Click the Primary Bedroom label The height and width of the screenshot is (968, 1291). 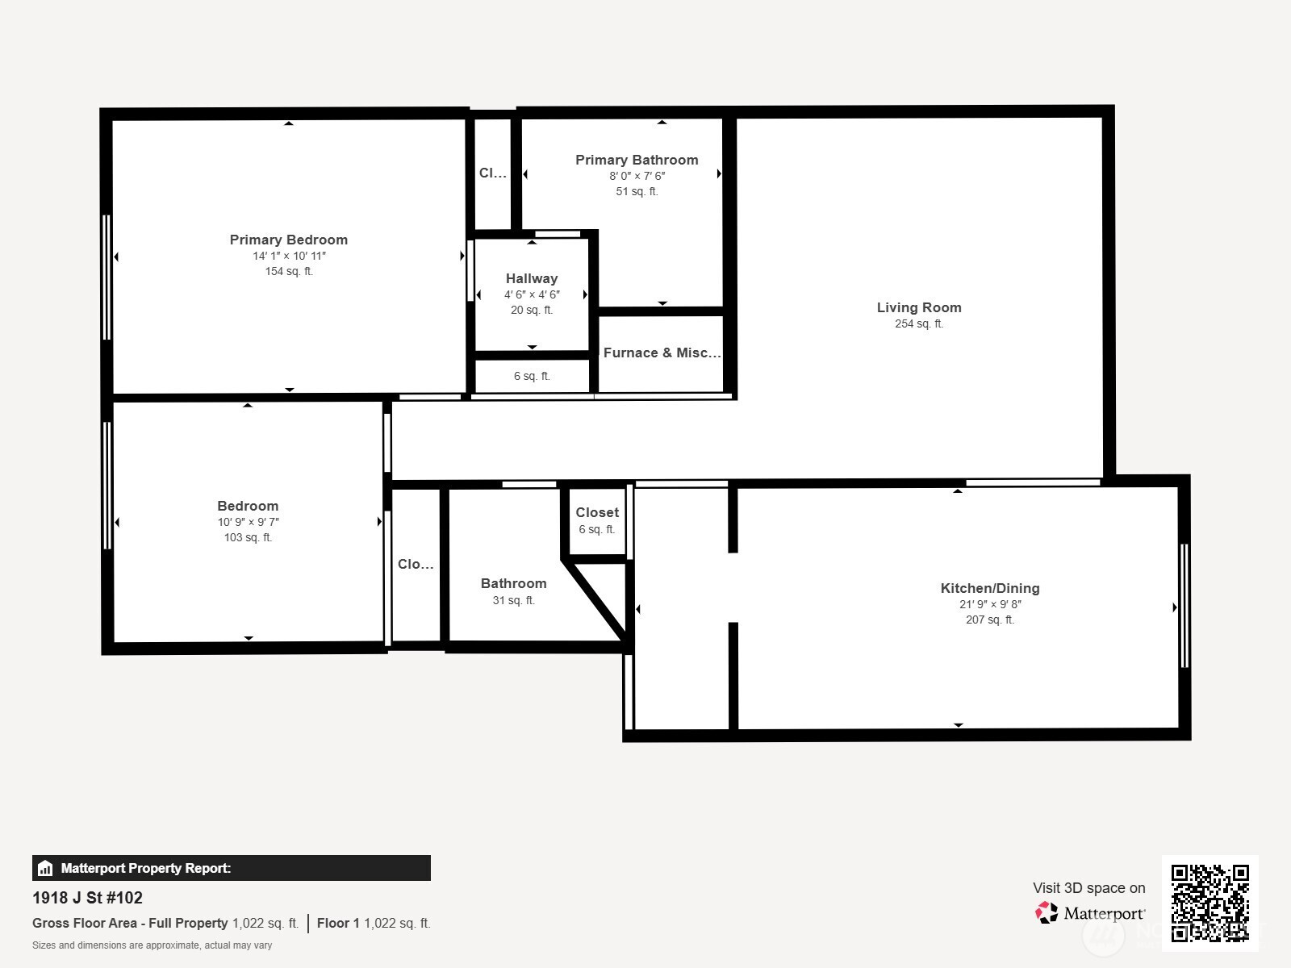288,240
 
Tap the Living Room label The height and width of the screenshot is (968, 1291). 919,307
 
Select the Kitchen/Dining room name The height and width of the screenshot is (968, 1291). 990,588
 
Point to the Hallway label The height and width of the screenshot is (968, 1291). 532,278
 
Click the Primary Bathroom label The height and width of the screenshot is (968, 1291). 637,160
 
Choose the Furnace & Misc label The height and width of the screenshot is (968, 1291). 662,353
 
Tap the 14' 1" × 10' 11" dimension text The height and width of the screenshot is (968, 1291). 289,256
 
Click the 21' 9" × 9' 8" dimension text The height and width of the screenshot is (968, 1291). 990,604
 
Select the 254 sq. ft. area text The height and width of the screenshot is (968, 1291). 919,323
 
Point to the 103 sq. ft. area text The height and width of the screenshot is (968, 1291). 248,537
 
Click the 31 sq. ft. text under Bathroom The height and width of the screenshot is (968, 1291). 513,600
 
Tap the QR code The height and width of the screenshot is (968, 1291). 1210,903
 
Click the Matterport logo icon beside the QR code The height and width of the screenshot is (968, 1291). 1047,913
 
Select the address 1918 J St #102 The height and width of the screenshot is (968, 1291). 87,898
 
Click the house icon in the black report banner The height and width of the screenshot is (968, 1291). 45,868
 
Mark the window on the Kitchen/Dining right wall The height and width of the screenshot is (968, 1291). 1184,605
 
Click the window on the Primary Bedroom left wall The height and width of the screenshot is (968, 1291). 107,277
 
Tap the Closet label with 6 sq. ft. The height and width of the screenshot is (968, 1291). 597,512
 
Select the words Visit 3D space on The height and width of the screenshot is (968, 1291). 1089,888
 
